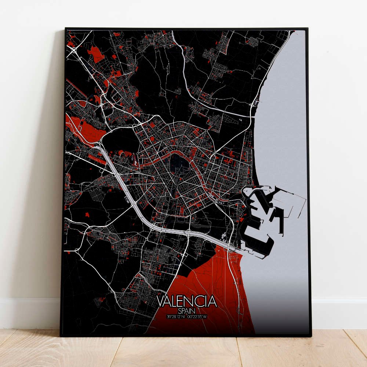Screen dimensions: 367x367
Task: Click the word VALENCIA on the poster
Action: point(187,301)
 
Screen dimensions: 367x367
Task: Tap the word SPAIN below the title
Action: point(187,310)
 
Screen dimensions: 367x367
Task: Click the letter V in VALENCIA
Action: point(160,301)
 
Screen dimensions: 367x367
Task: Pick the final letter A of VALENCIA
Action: point(212,301)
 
